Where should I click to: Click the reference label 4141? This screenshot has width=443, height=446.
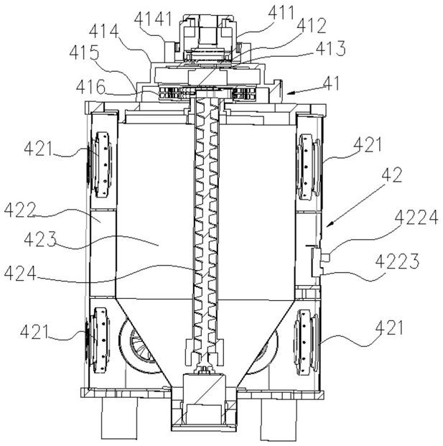153,19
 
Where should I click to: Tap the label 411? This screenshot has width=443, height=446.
281,12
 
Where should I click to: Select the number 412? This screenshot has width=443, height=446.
311,27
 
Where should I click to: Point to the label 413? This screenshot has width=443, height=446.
331,48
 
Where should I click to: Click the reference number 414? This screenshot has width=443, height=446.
103,31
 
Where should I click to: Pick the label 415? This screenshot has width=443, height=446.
85,52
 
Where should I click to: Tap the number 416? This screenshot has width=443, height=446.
90,87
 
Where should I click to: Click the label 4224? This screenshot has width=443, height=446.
416,218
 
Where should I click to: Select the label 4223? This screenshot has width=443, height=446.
397,261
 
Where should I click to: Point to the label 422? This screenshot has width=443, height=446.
19,210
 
